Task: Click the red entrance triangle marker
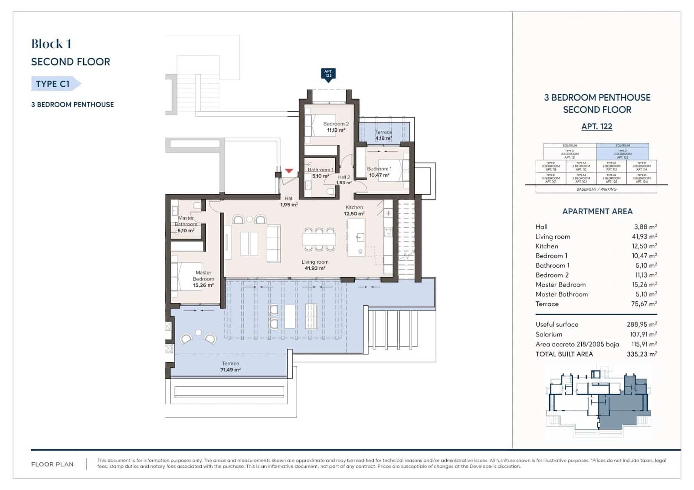(289, 171)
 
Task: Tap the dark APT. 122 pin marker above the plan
(328, 74)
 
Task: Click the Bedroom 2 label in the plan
(336, 124)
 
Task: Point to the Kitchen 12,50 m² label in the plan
(354, 210)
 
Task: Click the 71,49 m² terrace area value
(230, 370)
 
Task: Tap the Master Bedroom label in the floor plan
(203, 276)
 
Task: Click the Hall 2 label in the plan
(344, 177)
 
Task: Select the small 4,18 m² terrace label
(383, 138)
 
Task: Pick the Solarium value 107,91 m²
(643, 334)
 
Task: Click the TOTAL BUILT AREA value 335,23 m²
(642, 354)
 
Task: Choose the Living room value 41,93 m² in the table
(644, 237)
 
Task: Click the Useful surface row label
(557, 324)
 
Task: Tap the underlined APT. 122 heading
(597, 127)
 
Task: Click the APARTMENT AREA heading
(597, 212)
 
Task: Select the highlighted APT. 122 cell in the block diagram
(622, 154)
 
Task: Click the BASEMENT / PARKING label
(596, 189)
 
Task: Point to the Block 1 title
(51, 44)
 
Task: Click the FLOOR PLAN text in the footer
(52, 464)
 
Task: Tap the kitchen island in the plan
(357, 237)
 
